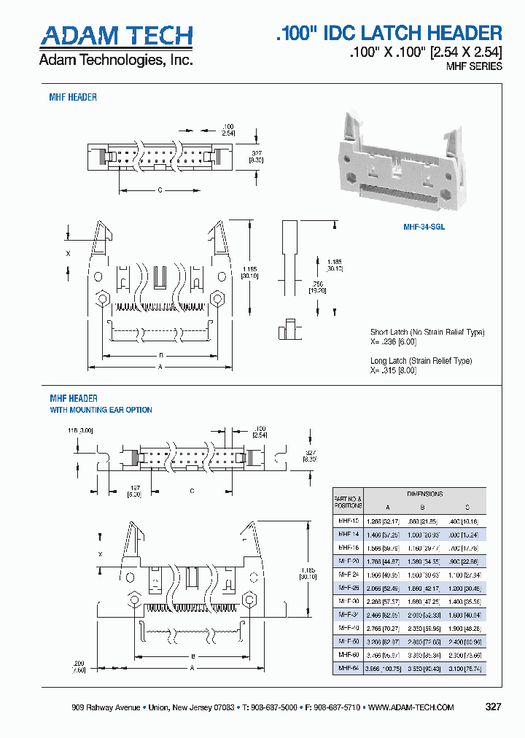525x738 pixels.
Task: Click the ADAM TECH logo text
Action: click(116, 36)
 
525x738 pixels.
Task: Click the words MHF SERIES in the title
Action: click(474, 66)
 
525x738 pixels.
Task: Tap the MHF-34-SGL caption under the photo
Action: click(424, 227)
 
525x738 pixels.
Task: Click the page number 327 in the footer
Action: click(494, 707)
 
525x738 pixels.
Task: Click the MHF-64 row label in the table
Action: click(348, 668)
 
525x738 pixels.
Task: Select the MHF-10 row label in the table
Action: click(348, 521)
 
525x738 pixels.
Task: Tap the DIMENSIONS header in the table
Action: click(424, 494)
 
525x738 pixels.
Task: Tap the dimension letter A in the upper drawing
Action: click(161, 368)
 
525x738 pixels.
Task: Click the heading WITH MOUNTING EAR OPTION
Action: click(101, 410)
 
